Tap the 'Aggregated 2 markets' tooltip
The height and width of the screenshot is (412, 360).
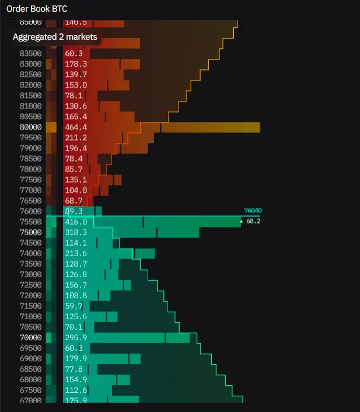(55, 37)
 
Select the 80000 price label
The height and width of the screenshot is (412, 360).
(30, 127)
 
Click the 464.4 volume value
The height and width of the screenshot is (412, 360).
(76, 127)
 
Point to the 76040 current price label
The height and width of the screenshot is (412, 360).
(253, 211)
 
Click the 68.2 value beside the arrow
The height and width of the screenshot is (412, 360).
(253, 222)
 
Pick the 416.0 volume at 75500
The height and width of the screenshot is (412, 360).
(76, 222)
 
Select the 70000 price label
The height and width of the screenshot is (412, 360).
(30, 337)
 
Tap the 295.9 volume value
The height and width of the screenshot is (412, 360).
(76, 337)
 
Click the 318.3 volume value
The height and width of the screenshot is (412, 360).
(76, 232)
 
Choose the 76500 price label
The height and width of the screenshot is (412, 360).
(30, 201)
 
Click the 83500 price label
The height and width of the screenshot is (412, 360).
(30, 53)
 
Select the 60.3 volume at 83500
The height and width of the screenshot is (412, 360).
(74, 53)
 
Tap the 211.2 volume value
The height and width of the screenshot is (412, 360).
(76, 138)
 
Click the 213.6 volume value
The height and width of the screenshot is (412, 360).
(76, 253)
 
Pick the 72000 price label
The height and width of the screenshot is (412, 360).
(30, 295)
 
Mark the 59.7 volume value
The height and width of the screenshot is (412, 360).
(74, 306)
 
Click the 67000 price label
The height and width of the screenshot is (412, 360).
(30, 400)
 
